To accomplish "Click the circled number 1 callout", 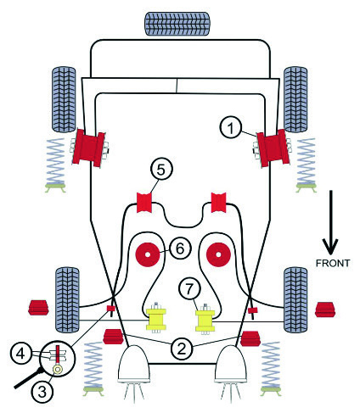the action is (231, 128).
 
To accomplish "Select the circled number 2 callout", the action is (182, 349).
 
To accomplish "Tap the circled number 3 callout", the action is (42, 392).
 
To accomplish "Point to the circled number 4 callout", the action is (20, 354).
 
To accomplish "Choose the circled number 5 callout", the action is (160, 170).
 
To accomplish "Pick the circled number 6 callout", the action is (180, 248).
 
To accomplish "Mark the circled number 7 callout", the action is (189, 288).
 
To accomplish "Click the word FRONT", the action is (333, 263).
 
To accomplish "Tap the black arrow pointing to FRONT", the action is (330, 222).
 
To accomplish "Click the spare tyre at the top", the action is (177, 24).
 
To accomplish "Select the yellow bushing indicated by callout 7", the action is (205, 320).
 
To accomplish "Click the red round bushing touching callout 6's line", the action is (148, 254).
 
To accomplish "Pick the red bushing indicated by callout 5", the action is (144, 203).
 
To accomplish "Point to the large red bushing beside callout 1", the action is (273, 148).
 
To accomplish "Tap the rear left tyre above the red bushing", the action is (64, 99).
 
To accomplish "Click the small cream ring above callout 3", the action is (58, 369).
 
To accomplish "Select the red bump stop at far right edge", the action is (325, 310).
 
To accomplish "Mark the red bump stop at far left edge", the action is (38, 308).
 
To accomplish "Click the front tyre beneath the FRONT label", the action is (295, 299).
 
